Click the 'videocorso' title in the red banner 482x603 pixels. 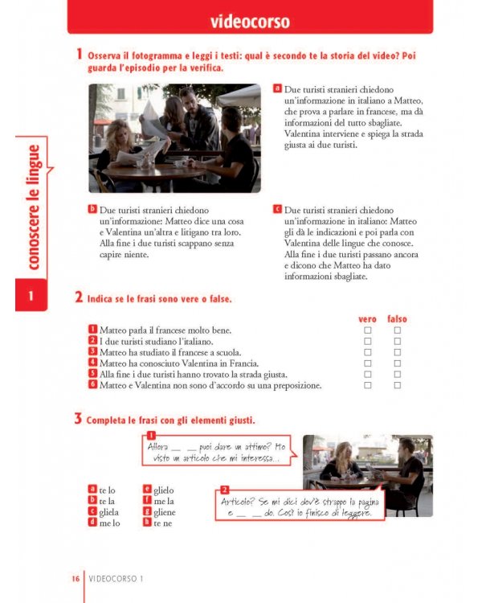(250, 21)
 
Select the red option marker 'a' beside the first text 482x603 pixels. (277, 88)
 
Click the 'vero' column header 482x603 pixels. (367, 319)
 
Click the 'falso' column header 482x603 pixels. (397, 319)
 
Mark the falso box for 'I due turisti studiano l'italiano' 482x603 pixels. (397, 341)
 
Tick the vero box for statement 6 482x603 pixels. (368, 385)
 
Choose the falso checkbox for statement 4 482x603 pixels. (397, 363)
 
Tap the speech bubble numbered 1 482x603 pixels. (217, 452)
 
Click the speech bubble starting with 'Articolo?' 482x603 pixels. (299, 507)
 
